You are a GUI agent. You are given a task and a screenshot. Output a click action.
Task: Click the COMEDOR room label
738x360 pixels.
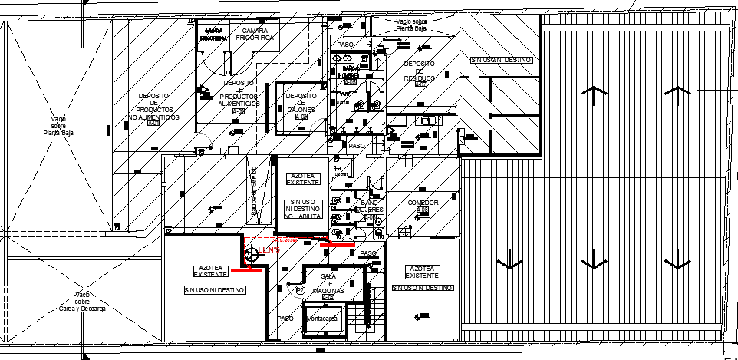[x=422, y=203]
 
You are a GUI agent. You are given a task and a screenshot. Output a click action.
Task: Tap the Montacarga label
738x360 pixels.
[x=324, y=319]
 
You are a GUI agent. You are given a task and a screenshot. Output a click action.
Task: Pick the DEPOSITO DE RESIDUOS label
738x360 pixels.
[x=420, y=71]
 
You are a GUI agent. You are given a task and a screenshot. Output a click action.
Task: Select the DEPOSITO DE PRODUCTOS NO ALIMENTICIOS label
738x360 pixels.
[x=153, y=107]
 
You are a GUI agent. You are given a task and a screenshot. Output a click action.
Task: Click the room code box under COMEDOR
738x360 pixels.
[x=422, y=210]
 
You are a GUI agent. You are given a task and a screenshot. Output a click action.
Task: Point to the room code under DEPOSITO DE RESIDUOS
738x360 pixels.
[x=420, y=84]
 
